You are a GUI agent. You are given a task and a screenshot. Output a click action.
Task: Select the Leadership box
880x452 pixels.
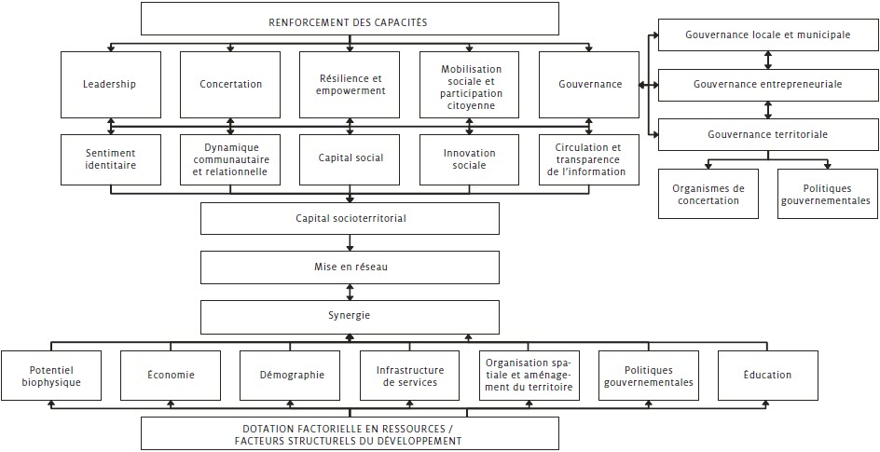pyautogui.click(x=111, y=85)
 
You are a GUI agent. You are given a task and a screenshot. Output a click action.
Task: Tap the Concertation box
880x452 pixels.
pyautogui.click(x=230, y=85)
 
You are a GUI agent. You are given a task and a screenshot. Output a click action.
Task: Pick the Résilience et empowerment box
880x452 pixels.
pyautogui.click(x=350, y=85)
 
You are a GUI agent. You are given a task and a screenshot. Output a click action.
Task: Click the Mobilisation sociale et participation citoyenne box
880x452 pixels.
pyautogui.click(x=470, y=85)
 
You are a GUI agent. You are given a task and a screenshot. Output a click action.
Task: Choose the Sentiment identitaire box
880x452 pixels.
pyautogui.click(x=111, y=159)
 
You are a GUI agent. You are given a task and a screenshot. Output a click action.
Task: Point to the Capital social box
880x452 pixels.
pyautogui.click(x=350, y=159)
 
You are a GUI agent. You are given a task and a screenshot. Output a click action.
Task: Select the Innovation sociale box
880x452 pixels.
pyautogui.click(x=470, y=159)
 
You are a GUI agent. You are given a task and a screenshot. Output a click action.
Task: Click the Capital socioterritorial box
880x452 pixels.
pyautogui.click(x=350, y=218)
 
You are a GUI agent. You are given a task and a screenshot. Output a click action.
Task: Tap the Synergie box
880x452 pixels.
pyautogui.click(x=350, y=316)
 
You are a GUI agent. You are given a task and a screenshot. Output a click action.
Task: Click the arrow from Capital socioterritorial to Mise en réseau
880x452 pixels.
pyautogui.click(x=351, y=242)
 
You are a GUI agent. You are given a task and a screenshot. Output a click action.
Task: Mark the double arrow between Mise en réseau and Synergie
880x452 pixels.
pyautogui.click(x=351, y=293)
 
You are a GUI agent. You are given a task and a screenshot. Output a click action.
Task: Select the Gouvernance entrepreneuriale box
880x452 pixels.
pyautogui.click(x=768, y=85)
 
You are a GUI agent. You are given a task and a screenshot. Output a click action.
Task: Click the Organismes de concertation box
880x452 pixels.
pyautogui.click(x=708, y=194)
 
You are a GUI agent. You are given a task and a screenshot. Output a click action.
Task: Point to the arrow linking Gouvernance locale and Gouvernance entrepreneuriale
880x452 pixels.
pyautogui.click(x=768, y=60)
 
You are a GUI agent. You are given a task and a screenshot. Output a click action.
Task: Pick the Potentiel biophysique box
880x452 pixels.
pyautogui.click(x=51, y=376)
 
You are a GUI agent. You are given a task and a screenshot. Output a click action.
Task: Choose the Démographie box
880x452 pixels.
pyautogui.click(x=290, y=376)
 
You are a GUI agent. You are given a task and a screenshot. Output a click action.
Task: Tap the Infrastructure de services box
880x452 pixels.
pyautogui.click(x=409, y=376)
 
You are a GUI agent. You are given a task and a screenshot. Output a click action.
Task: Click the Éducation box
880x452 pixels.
pyautogui.click(x=768, y=376)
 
